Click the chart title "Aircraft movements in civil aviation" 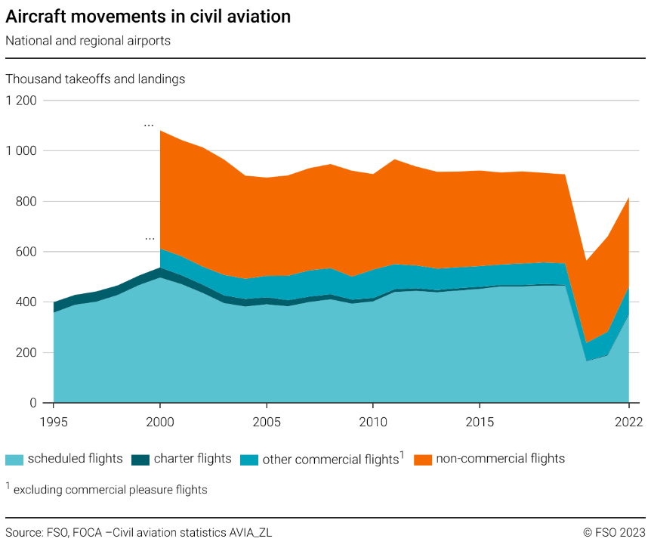148,17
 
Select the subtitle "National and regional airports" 88,41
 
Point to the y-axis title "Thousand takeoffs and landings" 95,79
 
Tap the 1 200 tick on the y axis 22,101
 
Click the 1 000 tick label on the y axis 22,151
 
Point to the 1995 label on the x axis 54,421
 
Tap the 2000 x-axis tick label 160,421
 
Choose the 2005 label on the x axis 266,421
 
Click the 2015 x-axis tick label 479,421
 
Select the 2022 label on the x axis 628,421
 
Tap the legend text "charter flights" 193,459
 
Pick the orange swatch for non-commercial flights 423,459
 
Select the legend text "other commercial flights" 330,459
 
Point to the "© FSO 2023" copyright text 613,532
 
